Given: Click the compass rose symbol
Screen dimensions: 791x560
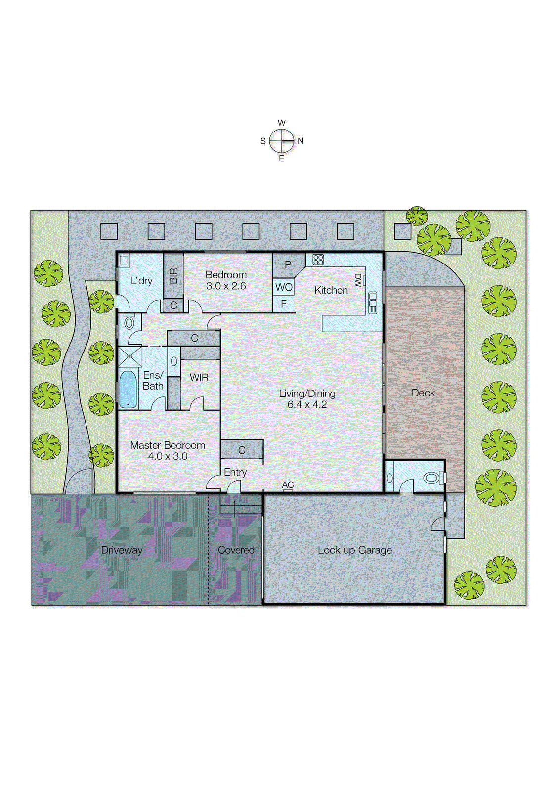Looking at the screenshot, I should click(282, 141).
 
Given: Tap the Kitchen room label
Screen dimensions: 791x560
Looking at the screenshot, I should click(331, 290).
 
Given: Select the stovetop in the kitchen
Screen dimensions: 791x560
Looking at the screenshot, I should click(318, 260).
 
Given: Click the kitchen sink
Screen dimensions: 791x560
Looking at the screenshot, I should click(373, 303).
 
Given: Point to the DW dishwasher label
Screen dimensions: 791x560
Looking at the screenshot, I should click(358, 280).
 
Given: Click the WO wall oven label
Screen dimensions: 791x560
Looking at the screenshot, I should click(284, 287).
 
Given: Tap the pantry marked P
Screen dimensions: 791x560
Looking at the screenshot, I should click(288, 264).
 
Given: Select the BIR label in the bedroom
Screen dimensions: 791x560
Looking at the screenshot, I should click(173, 276).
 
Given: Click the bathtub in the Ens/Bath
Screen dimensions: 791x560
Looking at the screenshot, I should click(128, 389).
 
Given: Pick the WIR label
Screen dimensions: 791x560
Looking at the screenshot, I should click(199, 378).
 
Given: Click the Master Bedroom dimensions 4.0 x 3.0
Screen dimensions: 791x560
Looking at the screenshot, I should click(168, 456).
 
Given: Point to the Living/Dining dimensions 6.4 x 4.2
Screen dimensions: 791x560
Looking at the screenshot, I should click(307, 405).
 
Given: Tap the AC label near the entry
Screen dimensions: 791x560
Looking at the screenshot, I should click(288, 485).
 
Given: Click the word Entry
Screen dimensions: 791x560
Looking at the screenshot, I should click(235, 472).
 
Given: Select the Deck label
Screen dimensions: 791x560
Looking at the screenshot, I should click(423, 393).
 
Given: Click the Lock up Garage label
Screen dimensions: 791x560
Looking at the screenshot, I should click(354, 550).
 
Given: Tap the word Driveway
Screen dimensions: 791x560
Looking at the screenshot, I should click(122, 550).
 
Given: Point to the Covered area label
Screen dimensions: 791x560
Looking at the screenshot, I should click(236, 550).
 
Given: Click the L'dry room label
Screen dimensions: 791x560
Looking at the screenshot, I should click(141, 281).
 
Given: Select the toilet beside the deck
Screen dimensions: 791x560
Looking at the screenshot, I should click(431, 478).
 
